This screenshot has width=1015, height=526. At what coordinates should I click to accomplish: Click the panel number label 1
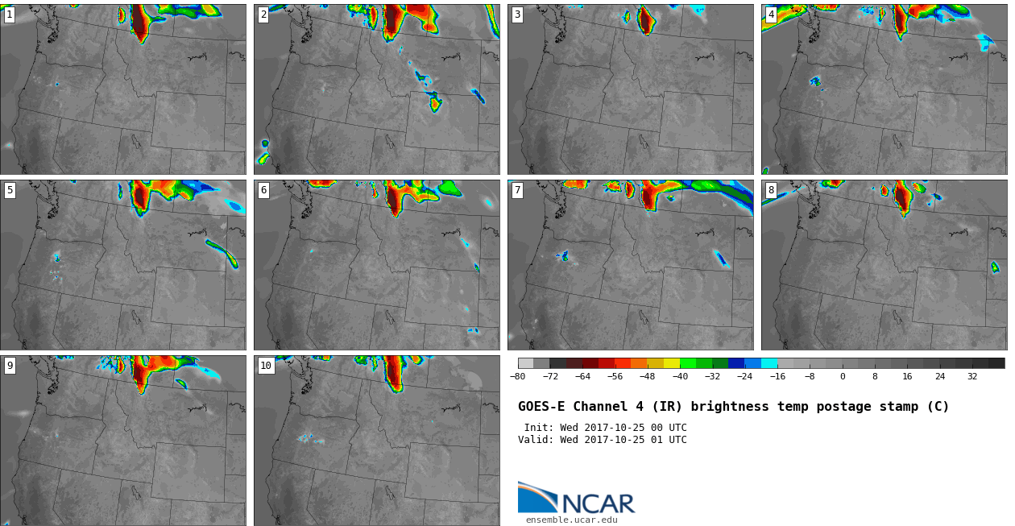[x=9, y=15]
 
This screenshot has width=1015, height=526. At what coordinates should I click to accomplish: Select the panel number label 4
[x=771, y=15]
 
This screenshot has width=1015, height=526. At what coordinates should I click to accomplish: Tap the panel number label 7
[x=517, y=190]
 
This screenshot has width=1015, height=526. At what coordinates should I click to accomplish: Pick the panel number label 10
[x=266, y=366]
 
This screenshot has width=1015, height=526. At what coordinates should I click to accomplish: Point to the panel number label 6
[x=263, y=190]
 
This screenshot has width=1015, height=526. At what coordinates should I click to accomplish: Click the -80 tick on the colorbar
[x=517, y=376]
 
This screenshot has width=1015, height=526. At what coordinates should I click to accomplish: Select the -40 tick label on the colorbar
[x=680, y=376]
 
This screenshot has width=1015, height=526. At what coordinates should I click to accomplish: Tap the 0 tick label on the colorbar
[x=843, y=376]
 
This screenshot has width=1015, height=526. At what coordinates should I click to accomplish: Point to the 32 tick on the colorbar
[x=972, y=376]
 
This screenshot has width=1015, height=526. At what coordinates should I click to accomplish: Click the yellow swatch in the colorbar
[x=672, y=363]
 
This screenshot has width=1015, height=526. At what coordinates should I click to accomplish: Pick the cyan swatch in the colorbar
[x=769, y=363]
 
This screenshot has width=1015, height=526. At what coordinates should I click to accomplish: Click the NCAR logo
[x=577, y=498]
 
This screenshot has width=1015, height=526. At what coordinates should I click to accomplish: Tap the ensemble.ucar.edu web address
[x=572, y=520]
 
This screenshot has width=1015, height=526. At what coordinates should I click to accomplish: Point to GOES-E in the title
[x=541, y=406]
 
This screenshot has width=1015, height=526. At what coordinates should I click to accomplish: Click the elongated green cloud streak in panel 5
[x=222, y=253]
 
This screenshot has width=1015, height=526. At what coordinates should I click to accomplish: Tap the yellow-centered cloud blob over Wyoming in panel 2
[x=435, y=103]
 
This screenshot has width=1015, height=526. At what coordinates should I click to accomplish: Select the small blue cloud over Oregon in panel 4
[x=815, y=81]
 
